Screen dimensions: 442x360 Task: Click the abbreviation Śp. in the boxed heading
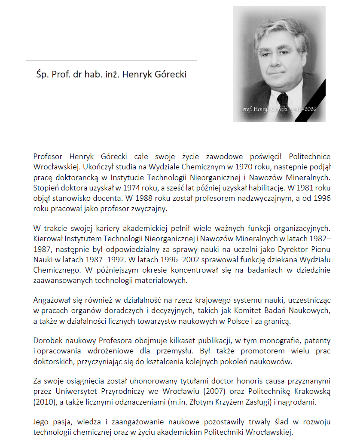42,75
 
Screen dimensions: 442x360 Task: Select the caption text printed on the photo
279,110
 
